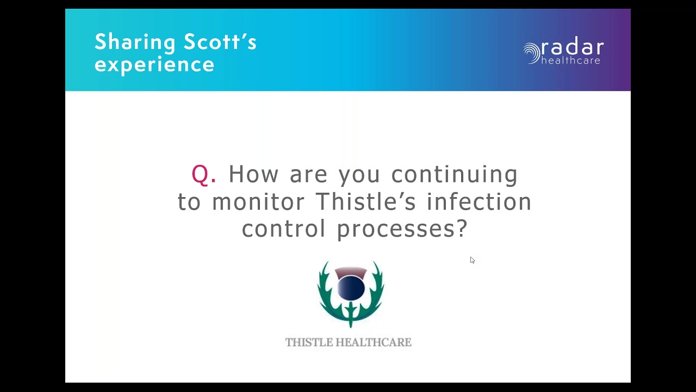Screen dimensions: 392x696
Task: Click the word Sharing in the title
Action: point(135,42)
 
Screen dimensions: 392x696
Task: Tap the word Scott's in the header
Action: point(220,41)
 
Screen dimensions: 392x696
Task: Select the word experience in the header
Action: point(154,65)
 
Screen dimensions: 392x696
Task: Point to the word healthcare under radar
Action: point(571,60)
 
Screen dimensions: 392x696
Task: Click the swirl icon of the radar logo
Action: point(531,53)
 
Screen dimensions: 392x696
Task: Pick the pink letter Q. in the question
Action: point(204,174)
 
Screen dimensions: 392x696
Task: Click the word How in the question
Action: point(253,174)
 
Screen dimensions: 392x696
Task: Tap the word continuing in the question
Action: point(455,174)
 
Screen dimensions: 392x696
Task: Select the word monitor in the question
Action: point(258,201)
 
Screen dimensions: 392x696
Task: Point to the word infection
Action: point(479,201)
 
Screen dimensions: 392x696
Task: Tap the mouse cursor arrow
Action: point(472,260)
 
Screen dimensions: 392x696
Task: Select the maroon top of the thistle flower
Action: point(351,271)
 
